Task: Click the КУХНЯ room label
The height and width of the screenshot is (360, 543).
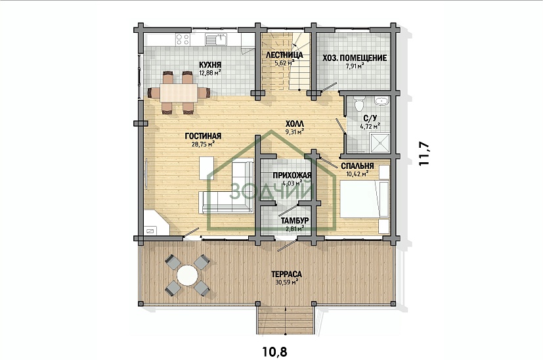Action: [210, 65]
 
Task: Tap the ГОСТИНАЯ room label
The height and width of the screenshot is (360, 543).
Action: [203, 136]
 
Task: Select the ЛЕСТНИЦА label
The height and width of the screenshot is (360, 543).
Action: [284, 55]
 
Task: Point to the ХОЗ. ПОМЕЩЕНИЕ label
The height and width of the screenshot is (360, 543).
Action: [355, 58]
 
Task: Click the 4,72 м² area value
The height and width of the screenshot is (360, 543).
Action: [370, 126]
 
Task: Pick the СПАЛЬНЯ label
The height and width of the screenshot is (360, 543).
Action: [357, 166]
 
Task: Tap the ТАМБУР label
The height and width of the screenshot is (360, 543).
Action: [295, 221]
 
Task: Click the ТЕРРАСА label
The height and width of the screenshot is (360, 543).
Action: [286, 275]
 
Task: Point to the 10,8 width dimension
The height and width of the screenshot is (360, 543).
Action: [275, 352]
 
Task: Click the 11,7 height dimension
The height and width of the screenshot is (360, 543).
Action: [424, 154]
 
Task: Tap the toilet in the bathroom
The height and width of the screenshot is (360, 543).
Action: [359, 103]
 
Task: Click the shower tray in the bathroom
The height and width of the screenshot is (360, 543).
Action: [380, 143]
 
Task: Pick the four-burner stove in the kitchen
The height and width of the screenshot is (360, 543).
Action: [183, 39]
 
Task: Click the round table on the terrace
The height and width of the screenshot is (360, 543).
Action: [187, 275]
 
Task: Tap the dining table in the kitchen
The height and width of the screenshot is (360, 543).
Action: [179, 93]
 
